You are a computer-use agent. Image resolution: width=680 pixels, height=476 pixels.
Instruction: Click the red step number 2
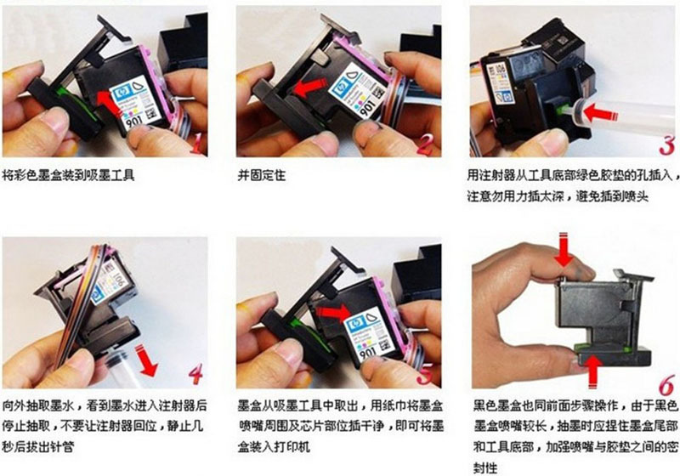click(x=425, y=144)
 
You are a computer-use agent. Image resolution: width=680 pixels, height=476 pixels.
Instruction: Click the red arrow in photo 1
click(x=109, y=98)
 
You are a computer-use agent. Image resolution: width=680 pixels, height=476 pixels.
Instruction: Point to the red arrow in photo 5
click(x=331, y=315)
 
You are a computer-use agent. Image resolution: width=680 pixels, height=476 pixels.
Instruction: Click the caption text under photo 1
click(x=69, y=176)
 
